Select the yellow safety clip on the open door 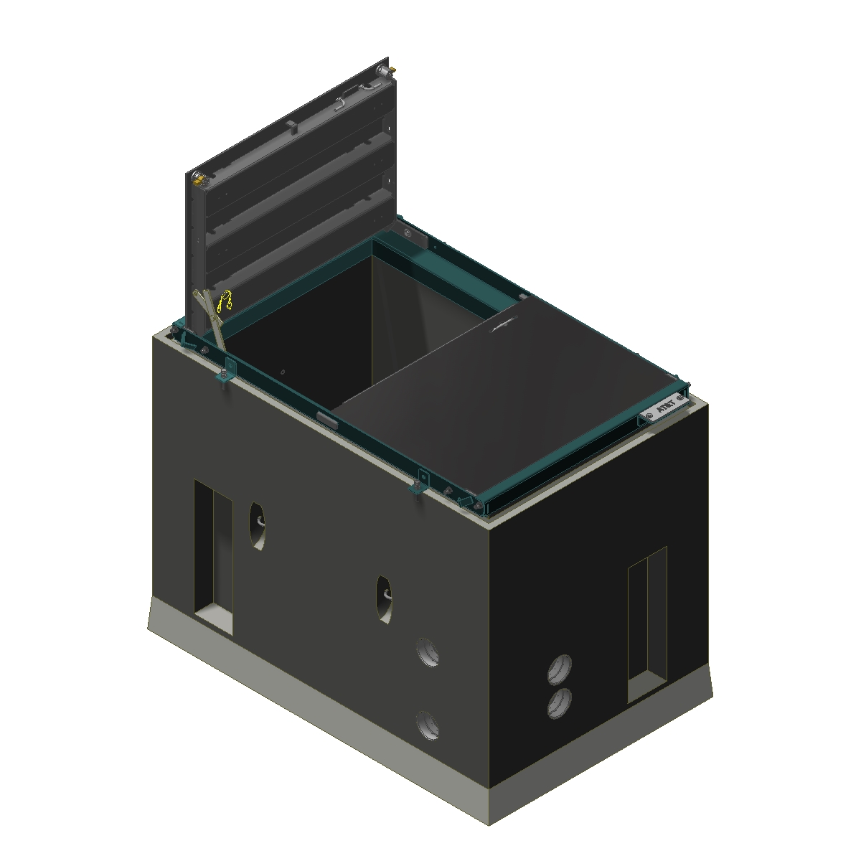click(x=227, y=299)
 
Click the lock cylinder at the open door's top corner click(x=390, y=69)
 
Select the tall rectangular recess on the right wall click(x=647, y=624)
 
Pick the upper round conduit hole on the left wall click(x=428, y=652)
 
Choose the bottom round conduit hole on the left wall click(x=427, y=725)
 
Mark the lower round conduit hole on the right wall click(x=560, y=703)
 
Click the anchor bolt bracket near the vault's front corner click(x=420, y=481)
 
